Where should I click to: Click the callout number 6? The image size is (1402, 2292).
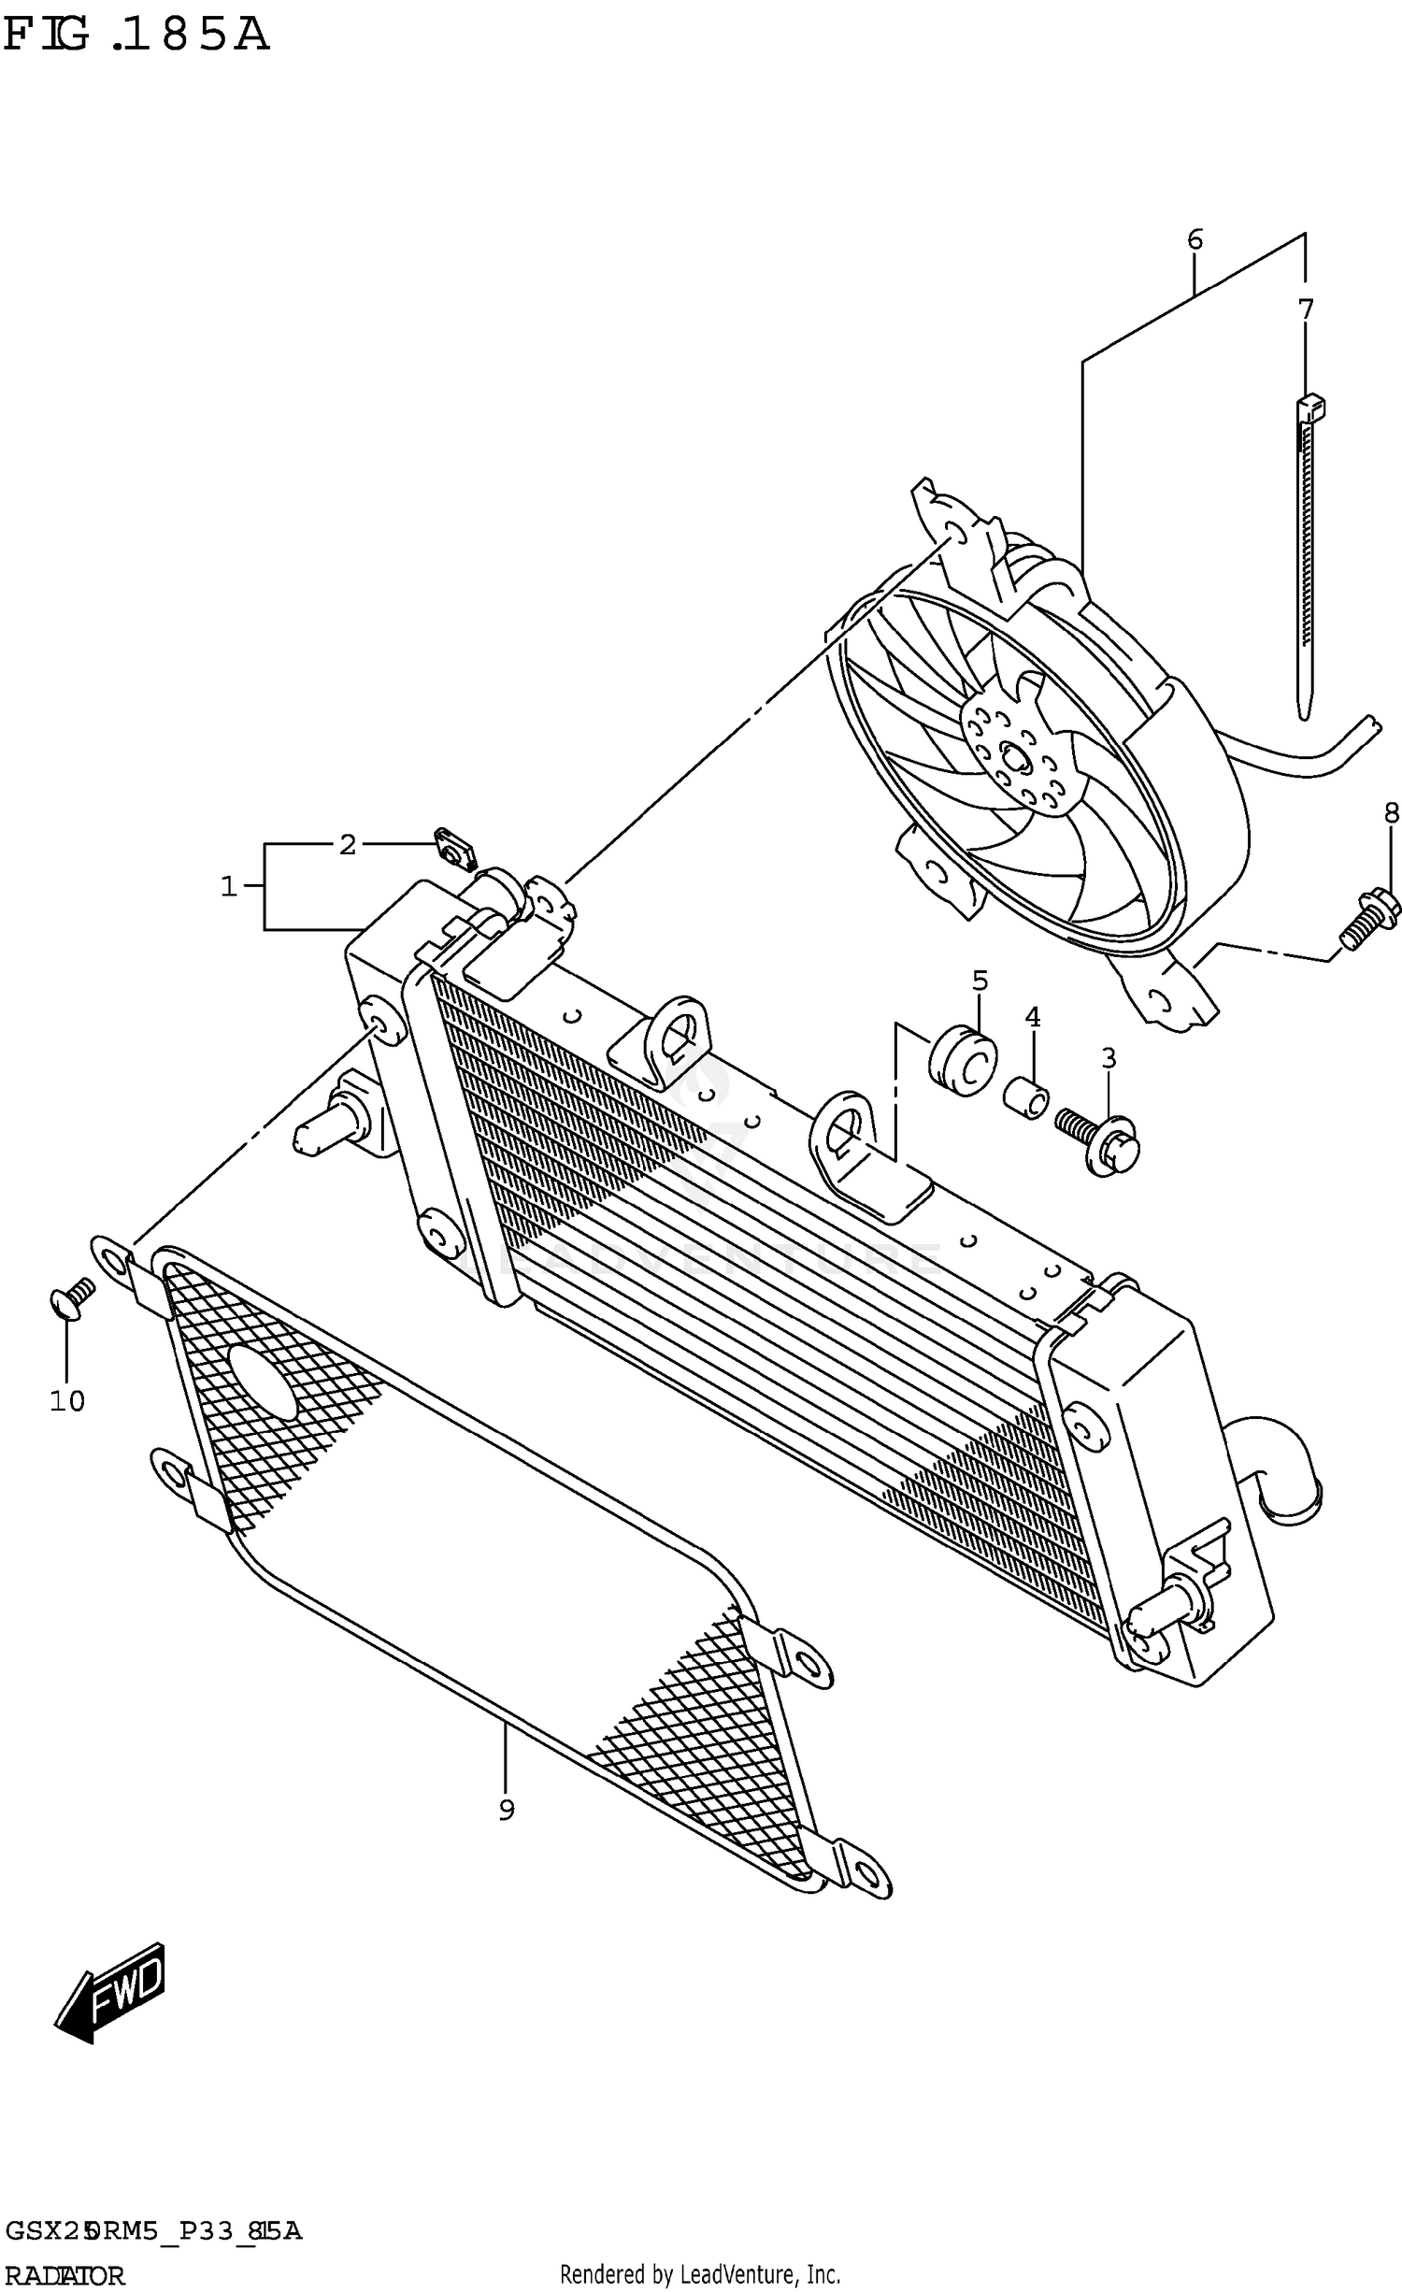pos(1195,239)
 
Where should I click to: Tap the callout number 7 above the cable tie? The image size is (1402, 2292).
pos(1306,308)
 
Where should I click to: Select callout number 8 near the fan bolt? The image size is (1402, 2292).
pos(1391,812)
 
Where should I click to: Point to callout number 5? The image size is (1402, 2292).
pos(978,981)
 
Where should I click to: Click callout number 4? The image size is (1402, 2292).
pos(1032,1016)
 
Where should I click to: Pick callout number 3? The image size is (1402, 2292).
pos(1108,1058)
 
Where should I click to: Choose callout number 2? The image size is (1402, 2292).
pos(347,845)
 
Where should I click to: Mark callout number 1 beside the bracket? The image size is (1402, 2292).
pos(229,885)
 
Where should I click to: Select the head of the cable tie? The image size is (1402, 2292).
pos(1310,408)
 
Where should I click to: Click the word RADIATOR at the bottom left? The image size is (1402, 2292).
pos(64,2275)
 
